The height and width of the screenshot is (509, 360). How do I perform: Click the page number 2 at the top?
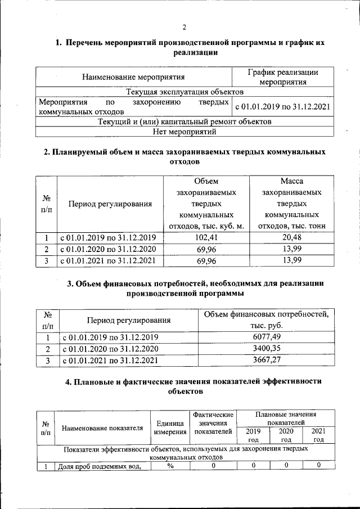[184, 28]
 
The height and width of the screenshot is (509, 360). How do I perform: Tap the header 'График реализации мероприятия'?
[282, 77]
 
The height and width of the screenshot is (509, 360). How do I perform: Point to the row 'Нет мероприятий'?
[184, 132]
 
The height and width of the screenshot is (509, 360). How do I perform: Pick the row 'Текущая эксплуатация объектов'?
[184, 91]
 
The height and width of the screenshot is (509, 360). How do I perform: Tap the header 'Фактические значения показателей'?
[213, 423]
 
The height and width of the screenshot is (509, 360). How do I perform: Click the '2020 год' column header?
[286, 435]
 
